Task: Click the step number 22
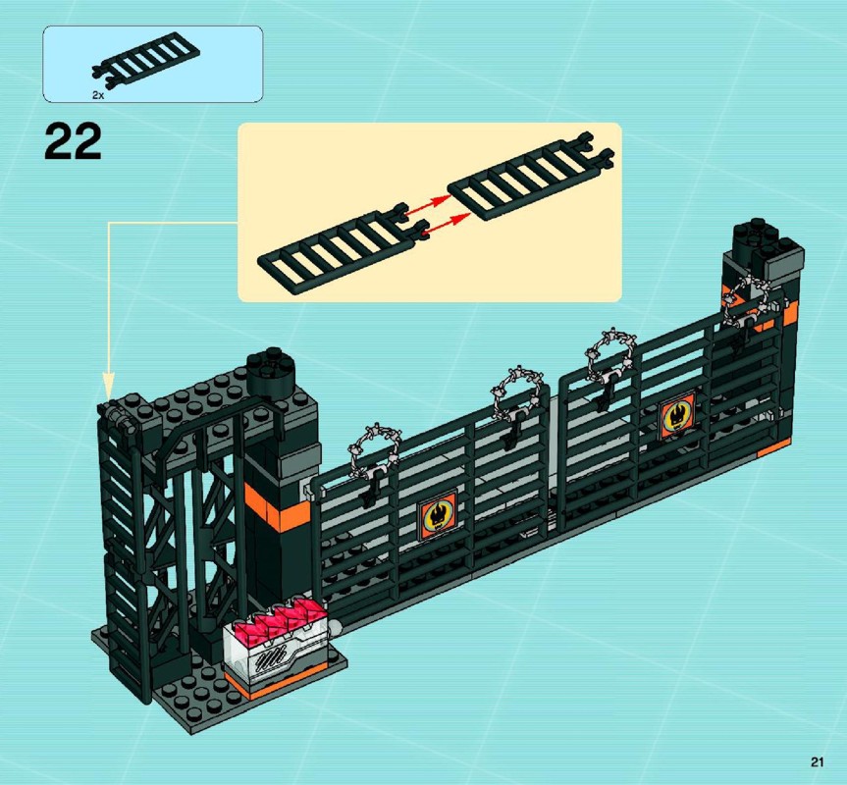(73, 141)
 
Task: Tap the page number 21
(817, 761)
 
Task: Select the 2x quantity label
(98, 95)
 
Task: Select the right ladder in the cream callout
(531, 176)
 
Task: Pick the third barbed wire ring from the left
(609, 353)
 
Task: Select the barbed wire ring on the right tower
(748, 300)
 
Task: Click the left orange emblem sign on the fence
(437, 515)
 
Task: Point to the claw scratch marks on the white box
(274, 657)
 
